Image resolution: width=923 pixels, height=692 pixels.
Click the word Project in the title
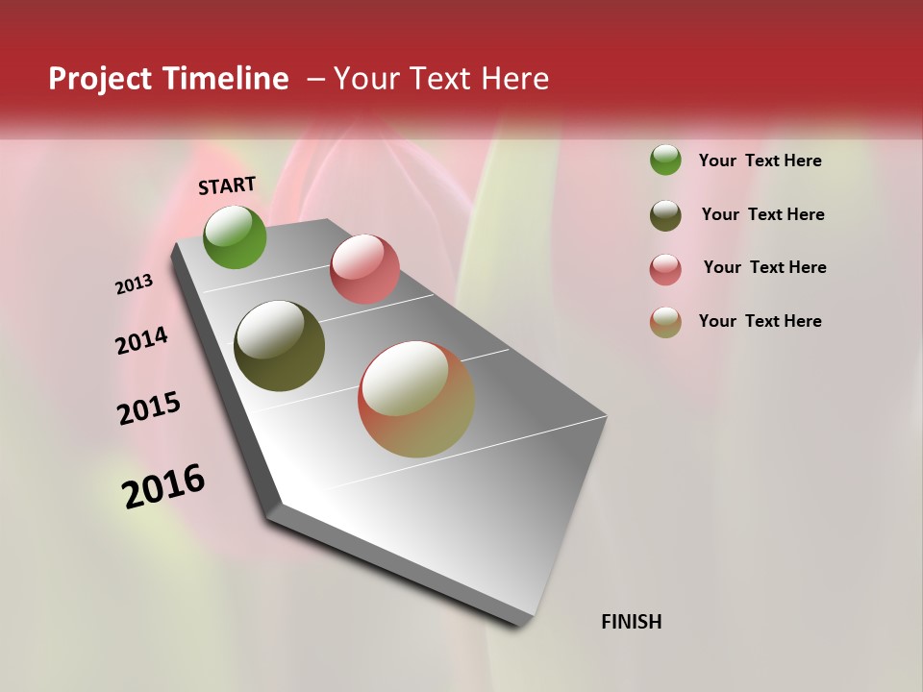(x=99, y=80)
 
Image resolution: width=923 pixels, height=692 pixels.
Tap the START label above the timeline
(x=227, y=185)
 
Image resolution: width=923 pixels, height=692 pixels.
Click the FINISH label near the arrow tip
(x=631, y=622)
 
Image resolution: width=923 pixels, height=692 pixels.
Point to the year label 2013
(x=134, y=284)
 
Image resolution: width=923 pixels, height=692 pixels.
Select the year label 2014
(x=141, y=341)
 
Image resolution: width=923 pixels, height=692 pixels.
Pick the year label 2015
(x=149, y=408)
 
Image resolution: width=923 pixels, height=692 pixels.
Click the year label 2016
(x=163, y=486)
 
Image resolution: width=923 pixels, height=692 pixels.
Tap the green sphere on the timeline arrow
(x=235, y=236)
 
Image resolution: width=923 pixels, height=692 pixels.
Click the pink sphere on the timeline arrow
(x=364, y=269)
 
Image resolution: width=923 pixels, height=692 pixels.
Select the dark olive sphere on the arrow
(x=279, y=346)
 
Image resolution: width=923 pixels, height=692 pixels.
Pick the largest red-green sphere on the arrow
(x=416, y=399)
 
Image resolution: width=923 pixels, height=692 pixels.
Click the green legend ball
(x=665, y=160)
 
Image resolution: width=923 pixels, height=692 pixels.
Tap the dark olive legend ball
(x=665, y=215)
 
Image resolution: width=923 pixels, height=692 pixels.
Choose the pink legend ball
(x=665, y=269)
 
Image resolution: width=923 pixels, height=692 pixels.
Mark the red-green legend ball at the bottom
(x=665, y=322)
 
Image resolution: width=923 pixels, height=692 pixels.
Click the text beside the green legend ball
(x=760, y=161)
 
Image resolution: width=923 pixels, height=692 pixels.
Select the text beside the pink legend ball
(x=764, y=267)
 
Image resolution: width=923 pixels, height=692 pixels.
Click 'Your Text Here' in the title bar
(x=440, y=79)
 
